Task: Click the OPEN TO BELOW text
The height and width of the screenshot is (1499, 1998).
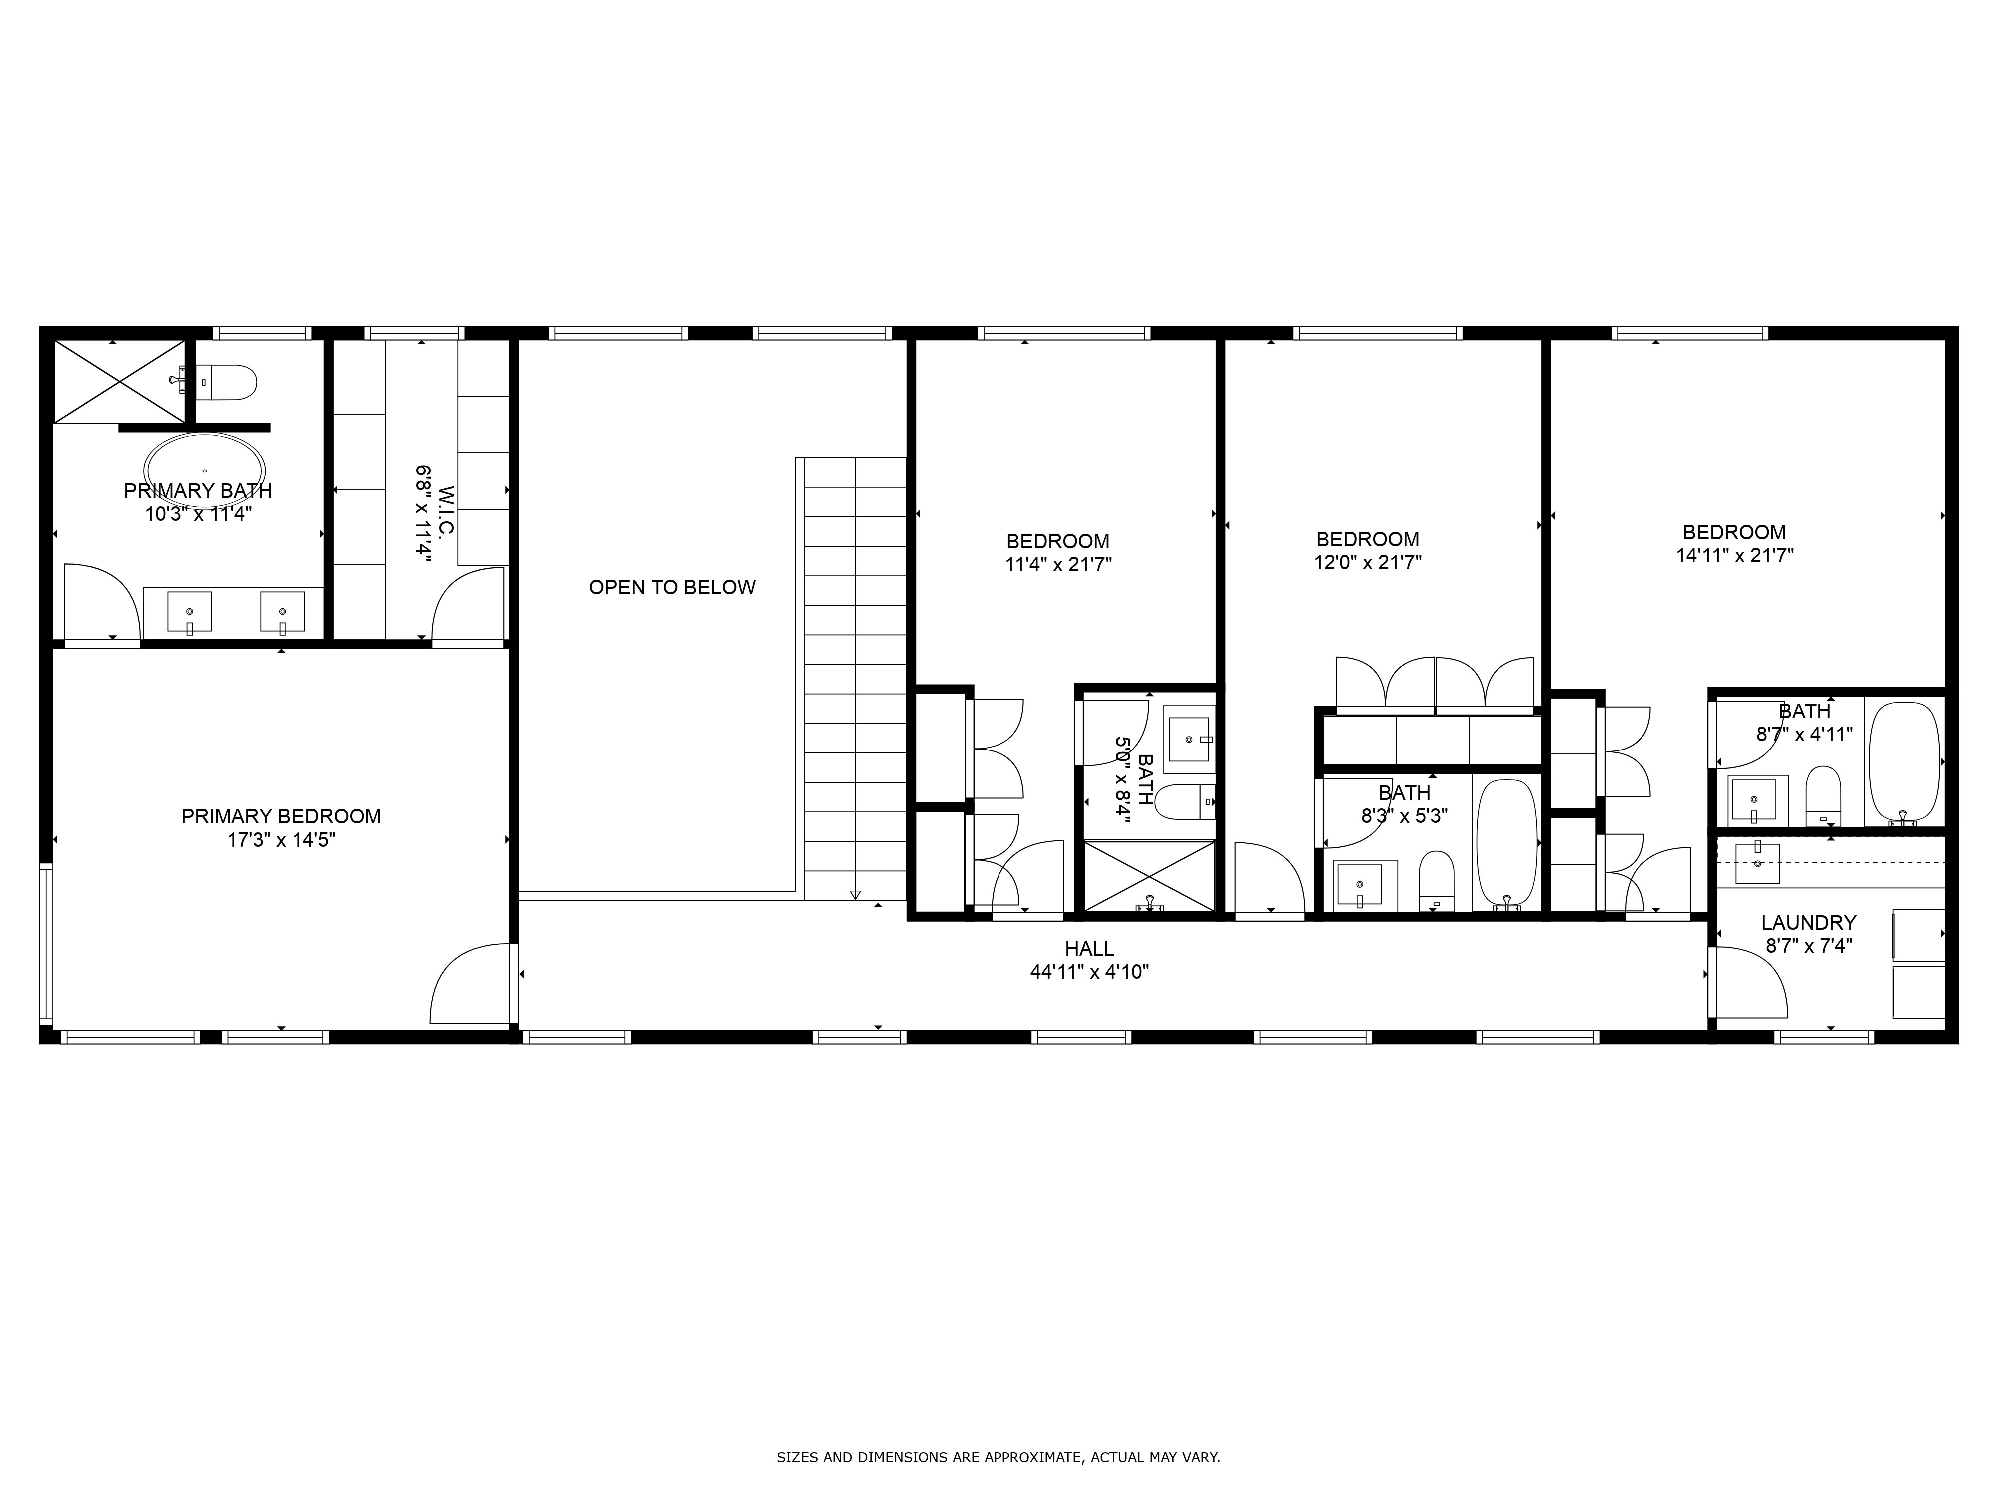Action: click(x=672, y=587)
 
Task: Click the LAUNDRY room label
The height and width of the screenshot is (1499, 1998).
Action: click(x=1808, y=922)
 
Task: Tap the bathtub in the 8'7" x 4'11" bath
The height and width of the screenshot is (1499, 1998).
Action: click(x=1903, y=761)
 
